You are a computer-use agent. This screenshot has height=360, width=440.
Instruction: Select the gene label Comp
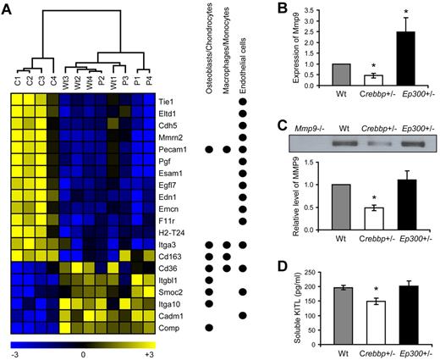coord(167,323)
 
